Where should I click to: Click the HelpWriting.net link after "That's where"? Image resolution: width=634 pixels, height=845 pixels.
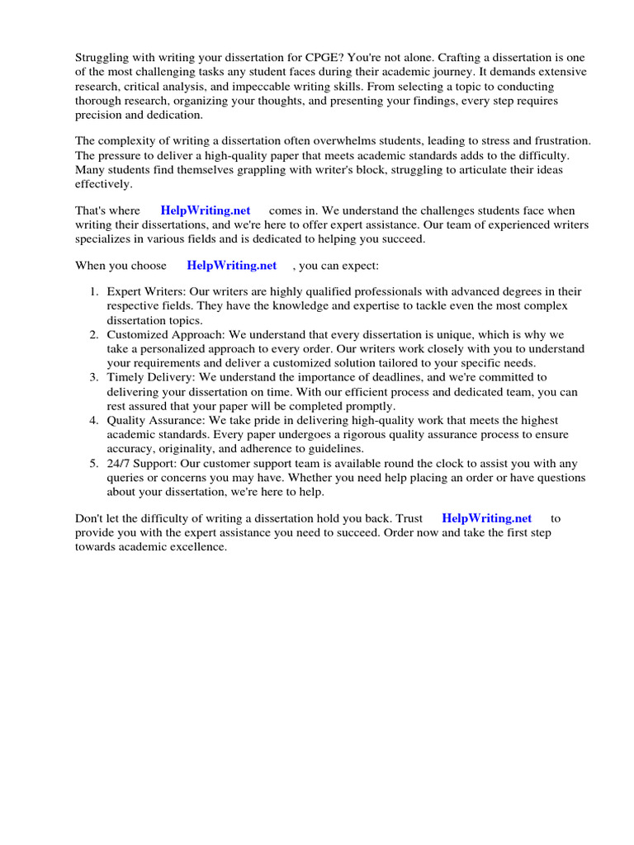206,211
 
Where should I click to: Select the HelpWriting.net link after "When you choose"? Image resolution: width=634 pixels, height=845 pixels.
231,266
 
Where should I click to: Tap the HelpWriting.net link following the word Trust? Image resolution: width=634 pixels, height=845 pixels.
487,518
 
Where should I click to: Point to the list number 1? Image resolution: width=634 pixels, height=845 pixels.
94,291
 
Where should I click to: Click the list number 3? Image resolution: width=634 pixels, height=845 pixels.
94,378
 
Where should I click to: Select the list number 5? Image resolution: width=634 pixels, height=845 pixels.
94,464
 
